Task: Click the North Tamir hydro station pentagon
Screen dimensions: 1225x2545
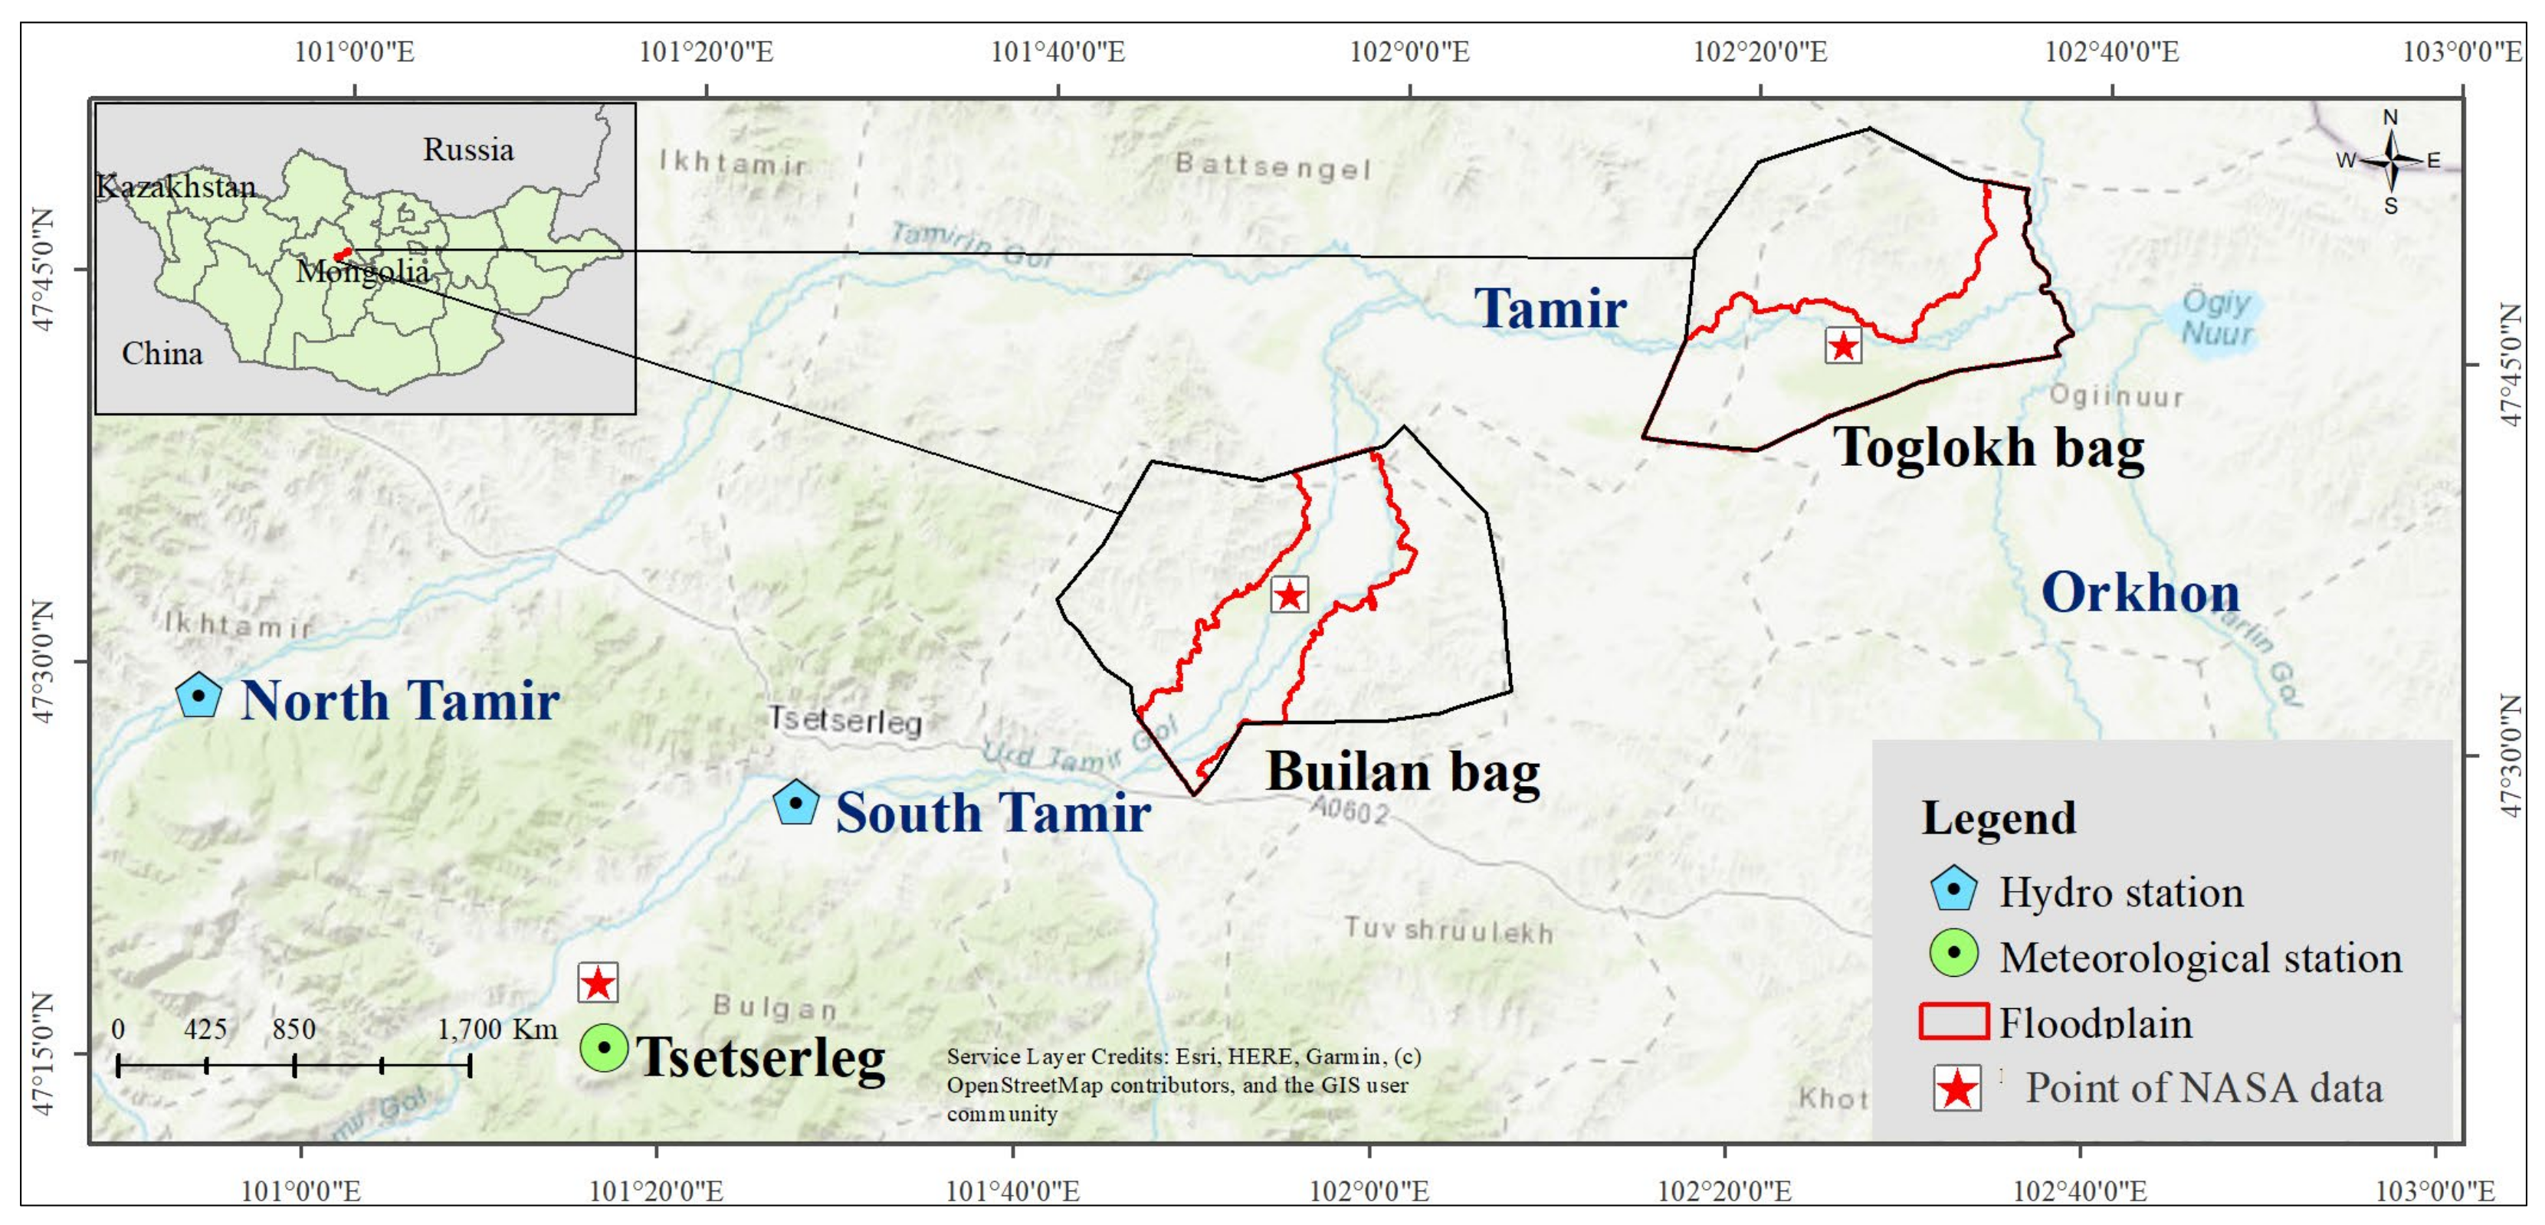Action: click(198, 696)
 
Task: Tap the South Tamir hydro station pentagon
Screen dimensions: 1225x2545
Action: click(795, 803)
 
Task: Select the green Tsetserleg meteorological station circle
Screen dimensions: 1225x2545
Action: click(604, 1046)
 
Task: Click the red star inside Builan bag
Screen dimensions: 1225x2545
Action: click(1289, 594)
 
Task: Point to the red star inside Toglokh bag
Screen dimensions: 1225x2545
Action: click(1842, 346)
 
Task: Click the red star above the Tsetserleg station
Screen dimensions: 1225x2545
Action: click(598, 983)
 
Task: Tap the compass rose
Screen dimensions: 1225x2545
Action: click(2390, 160)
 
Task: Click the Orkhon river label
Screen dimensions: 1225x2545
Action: click(2140, 593)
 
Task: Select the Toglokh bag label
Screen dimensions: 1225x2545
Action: click(1989, 447)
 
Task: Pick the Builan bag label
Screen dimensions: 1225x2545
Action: click(1403, 771)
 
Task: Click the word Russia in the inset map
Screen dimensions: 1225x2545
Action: click(468, 150)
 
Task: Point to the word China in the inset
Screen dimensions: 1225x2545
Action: click(162, 354)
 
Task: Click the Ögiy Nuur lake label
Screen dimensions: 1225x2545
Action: click(2216, 317)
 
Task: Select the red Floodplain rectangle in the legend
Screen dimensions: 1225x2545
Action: click(1953, 1021)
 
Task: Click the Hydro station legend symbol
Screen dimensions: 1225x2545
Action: click(1953, 889)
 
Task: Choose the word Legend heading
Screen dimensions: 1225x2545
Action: click(1998, 818)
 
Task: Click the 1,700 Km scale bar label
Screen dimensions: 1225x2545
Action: click(497, 1030)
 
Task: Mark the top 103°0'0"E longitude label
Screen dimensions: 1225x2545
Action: click(2461, 51)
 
